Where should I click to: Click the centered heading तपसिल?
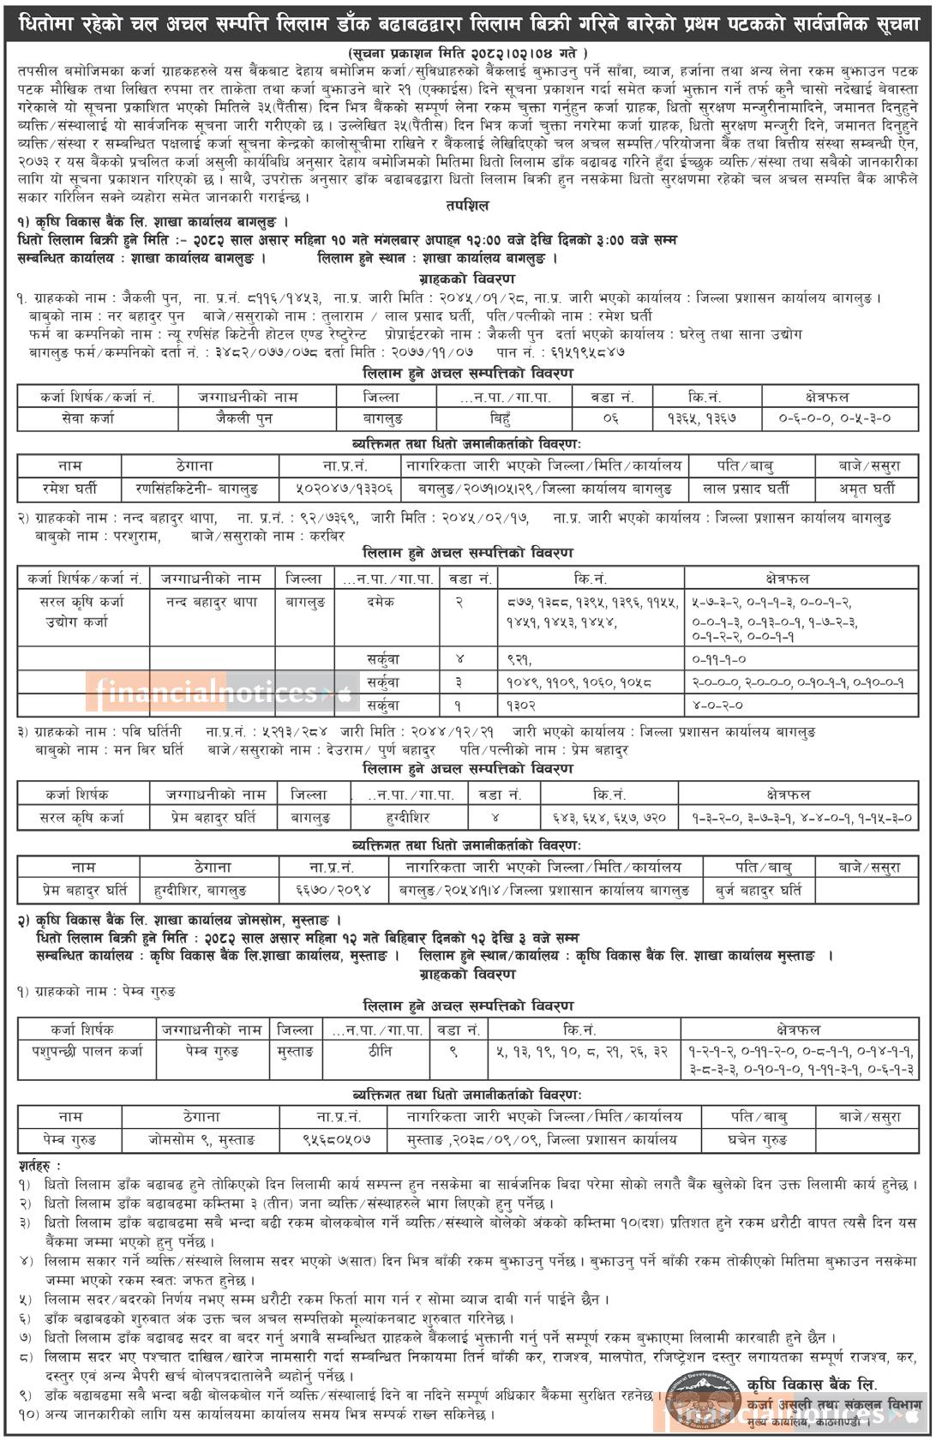pos(469,206)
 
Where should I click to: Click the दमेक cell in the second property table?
pos(379,603)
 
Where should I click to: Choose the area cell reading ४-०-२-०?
pos(718,705)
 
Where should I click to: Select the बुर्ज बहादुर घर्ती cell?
pos(759,891)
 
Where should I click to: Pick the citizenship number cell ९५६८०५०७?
pos(336,1140)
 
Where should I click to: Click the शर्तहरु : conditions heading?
pos(40,1166)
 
